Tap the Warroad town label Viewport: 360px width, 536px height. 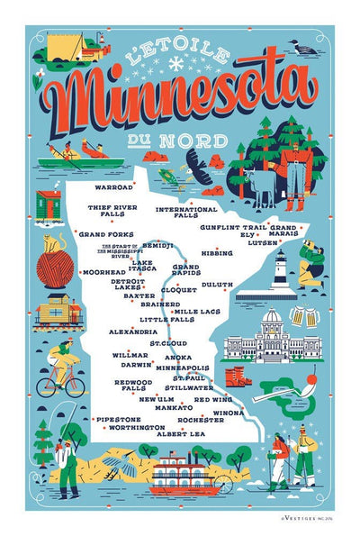(x=114, y=187)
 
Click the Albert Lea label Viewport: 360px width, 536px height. (x=181, y=433)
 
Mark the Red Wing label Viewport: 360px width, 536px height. (x=213, y=399)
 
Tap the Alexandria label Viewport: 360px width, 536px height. (x=133, y=332)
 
